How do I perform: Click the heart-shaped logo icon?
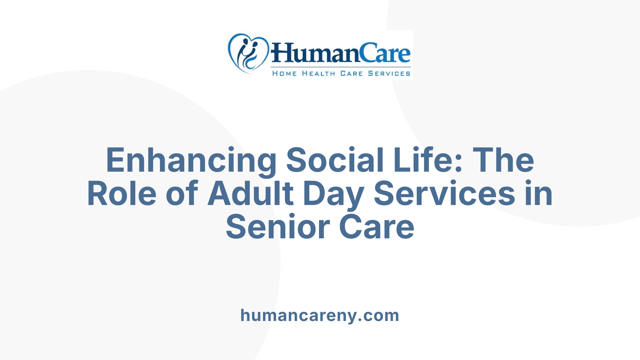tap(248, 53)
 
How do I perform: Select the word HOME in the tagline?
tap(284, 73)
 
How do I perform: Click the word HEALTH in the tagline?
tap(318, 73)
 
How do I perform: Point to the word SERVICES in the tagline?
tap(389, 73)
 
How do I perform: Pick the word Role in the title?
tap(122, 194)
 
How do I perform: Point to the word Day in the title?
tap(333, 194)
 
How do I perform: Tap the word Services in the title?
tap(445, 194)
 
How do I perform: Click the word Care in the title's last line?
tap(377, 227)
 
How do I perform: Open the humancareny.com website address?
tap(320, 315)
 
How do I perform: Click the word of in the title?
tap(182, 194)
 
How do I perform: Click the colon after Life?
tap(458, 163)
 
